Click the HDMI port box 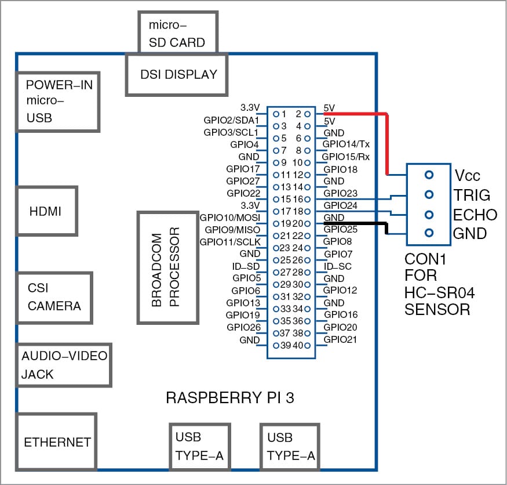coord(46,212)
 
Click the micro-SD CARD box coord(177,34)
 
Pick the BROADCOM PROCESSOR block coord(166,267)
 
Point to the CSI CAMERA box coord(54,297)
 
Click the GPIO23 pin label coord(341,193)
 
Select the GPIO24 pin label coord(341,205)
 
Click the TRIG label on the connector coord(471,195)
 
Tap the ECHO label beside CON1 coord(476,215)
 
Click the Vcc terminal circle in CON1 coord(429,175)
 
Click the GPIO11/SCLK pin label coord(231,241)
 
